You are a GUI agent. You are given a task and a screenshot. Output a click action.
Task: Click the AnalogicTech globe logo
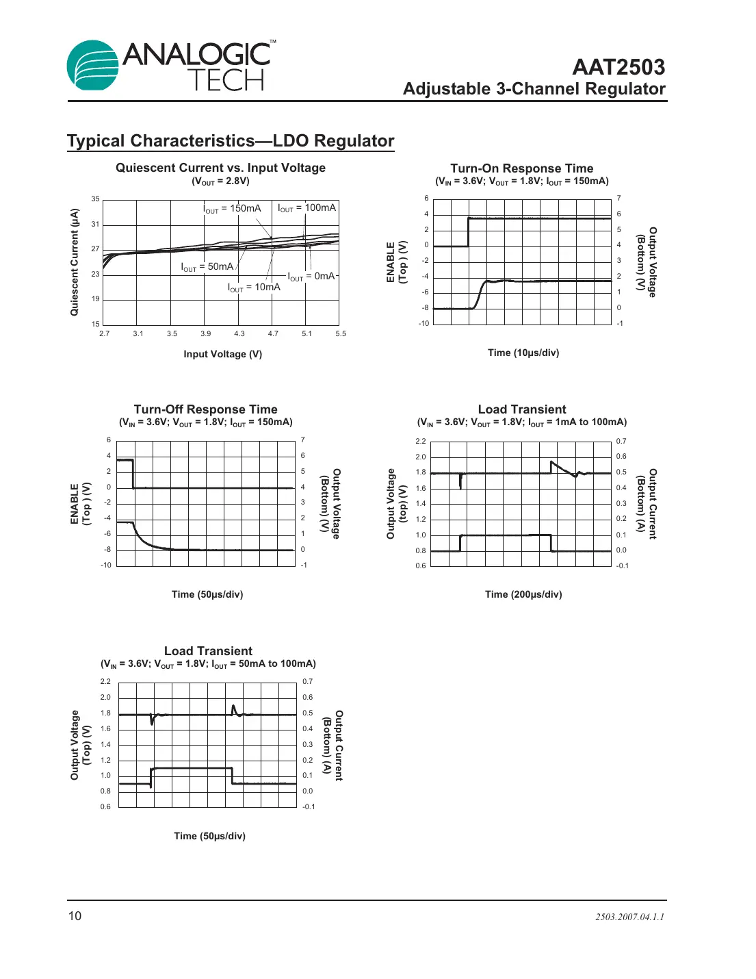pyautogui.click(x=94, y=65)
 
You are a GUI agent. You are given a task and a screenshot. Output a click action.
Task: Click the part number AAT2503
pyautogui.click(x=618, y=67)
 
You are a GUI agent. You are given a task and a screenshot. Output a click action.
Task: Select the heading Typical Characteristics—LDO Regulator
pyautogui.click(x=231, y=141)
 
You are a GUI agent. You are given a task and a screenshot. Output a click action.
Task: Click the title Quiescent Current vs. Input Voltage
pyautogui.click(x=220, y=168)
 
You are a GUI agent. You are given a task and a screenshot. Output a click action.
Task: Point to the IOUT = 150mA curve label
pyautogui.click(x=232, y=208)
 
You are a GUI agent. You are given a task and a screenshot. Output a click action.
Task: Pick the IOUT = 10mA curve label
pyautogui.click(x=254, y=288)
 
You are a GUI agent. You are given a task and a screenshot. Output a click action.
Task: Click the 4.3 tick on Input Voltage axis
pyautogui.click(x=239, y=334)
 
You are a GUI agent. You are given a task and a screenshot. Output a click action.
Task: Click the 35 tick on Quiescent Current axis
pyautogui.click(x=96, y=199)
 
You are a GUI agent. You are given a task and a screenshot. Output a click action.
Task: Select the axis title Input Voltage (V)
pyautogui.click(x=222, y=354)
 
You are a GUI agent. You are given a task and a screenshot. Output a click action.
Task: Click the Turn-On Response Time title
pyautogui.click(x=521, y=168)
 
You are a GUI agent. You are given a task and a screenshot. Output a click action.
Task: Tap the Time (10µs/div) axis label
pyautogui.click(x=523, y=353)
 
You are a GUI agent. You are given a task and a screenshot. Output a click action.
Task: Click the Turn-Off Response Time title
pyautogui.click(x=205, y=409)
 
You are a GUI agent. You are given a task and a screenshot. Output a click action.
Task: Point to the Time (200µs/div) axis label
pyautogui.click(x=523, y=594)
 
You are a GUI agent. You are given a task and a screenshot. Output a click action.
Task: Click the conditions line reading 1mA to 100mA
pyautogui.click(x=522, y=422)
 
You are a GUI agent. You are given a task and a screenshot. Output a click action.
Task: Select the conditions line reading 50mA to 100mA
pyautogui.click(x=208, y=664)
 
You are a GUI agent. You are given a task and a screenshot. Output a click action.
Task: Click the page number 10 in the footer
pyautogui.click(x=75, y=916)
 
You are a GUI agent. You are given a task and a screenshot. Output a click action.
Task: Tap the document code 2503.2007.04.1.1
pyautogui.click(x=629, y=917)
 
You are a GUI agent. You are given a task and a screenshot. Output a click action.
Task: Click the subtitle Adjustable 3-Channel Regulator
pyautogui.click(x=534, y=89)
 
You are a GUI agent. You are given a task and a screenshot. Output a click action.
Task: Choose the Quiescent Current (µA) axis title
pyautogui.click(x=75, y=262)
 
